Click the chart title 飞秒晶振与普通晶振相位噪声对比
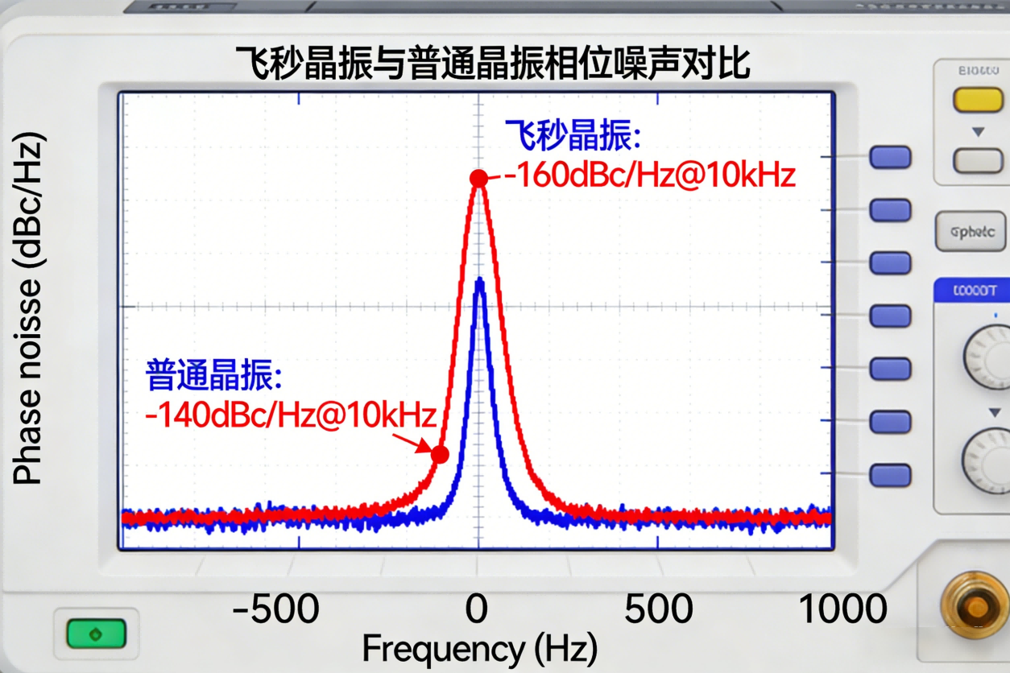pos(492,63)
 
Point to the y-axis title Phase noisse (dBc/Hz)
pos(29,309)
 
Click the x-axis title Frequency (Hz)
pos(480,649)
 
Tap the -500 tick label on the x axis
pos(276,609)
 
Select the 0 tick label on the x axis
pos(477,609)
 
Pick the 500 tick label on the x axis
pos(659,609)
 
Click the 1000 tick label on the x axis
pos(842,609)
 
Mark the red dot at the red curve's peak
pos(479,178)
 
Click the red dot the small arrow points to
pos(440,455)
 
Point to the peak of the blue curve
pos(480,281)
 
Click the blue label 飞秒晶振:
pos(573,135)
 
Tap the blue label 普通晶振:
pos(214,375)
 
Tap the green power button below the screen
pos(97,634)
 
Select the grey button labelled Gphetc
pos(971,232)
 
